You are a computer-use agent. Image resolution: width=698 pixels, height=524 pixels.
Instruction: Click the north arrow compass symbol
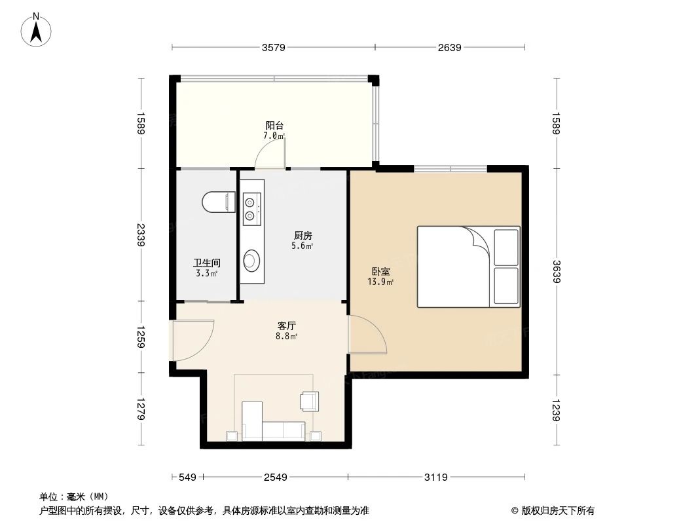pyautogui.click(x=37, y=30)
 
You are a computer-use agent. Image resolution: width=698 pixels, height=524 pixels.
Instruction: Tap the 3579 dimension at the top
pyautogui.click(x=274, y=47)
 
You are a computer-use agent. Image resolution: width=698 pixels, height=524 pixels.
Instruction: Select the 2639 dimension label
pyautogui.click(x=450, y=47)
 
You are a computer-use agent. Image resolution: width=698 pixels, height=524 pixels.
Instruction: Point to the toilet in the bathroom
pyautogui.click(x=218, y=202)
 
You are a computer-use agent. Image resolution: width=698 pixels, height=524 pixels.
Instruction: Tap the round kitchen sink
pyautogui.click(x=250, y=261)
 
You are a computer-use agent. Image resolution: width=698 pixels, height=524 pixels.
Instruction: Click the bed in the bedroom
pyautogui.click(x=468, y=267)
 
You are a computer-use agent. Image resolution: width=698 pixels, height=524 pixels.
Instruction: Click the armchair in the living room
pyautogui.click(x=309, y=400)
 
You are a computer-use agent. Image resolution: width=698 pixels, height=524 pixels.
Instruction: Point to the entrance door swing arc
pyautogui.click(x=192, y=340)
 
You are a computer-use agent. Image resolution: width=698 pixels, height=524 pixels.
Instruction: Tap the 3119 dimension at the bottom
pyautogui.click(x=435, y=477)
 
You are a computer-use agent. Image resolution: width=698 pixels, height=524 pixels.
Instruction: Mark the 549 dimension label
pyautogui.click(x=187, y=477)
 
